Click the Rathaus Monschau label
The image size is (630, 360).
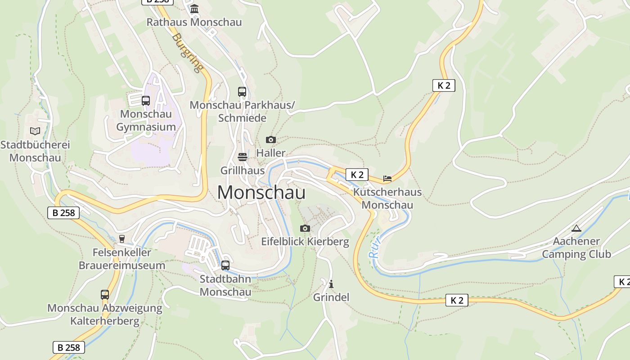(x=194, y=22)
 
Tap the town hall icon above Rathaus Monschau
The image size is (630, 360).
(x=194, y=9)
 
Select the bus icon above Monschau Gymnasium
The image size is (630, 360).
(x=146, y=101)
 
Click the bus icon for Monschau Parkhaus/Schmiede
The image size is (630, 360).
(x=242, y=92)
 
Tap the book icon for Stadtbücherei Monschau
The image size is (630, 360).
(x=35, y=131)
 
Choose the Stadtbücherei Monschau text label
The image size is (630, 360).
(x=35, y=152)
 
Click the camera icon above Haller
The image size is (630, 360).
(x=270, y=140)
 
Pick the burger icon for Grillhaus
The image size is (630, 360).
(x=243, y=157)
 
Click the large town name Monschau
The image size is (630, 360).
(x=261, y=193)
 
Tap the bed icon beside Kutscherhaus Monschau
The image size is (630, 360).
(x=387, y=179)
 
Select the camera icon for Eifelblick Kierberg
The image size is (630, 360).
(x=305, y=229)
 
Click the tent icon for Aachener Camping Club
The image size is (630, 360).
(x=576, y=228)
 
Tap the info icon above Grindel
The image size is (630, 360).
(x=331, y=284)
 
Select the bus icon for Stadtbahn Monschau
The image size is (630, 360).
(x=225, y=265)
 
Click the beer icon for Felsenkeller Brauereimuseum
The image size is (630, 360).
(x=121, y=239)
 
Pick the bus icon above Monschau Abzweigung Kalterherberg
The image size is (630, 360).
(x=105, y=295)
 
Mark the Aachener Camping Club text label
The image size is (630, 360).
(x=576, y=248)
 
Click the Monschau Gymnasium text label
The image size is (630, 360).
(x=146, y=121)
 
